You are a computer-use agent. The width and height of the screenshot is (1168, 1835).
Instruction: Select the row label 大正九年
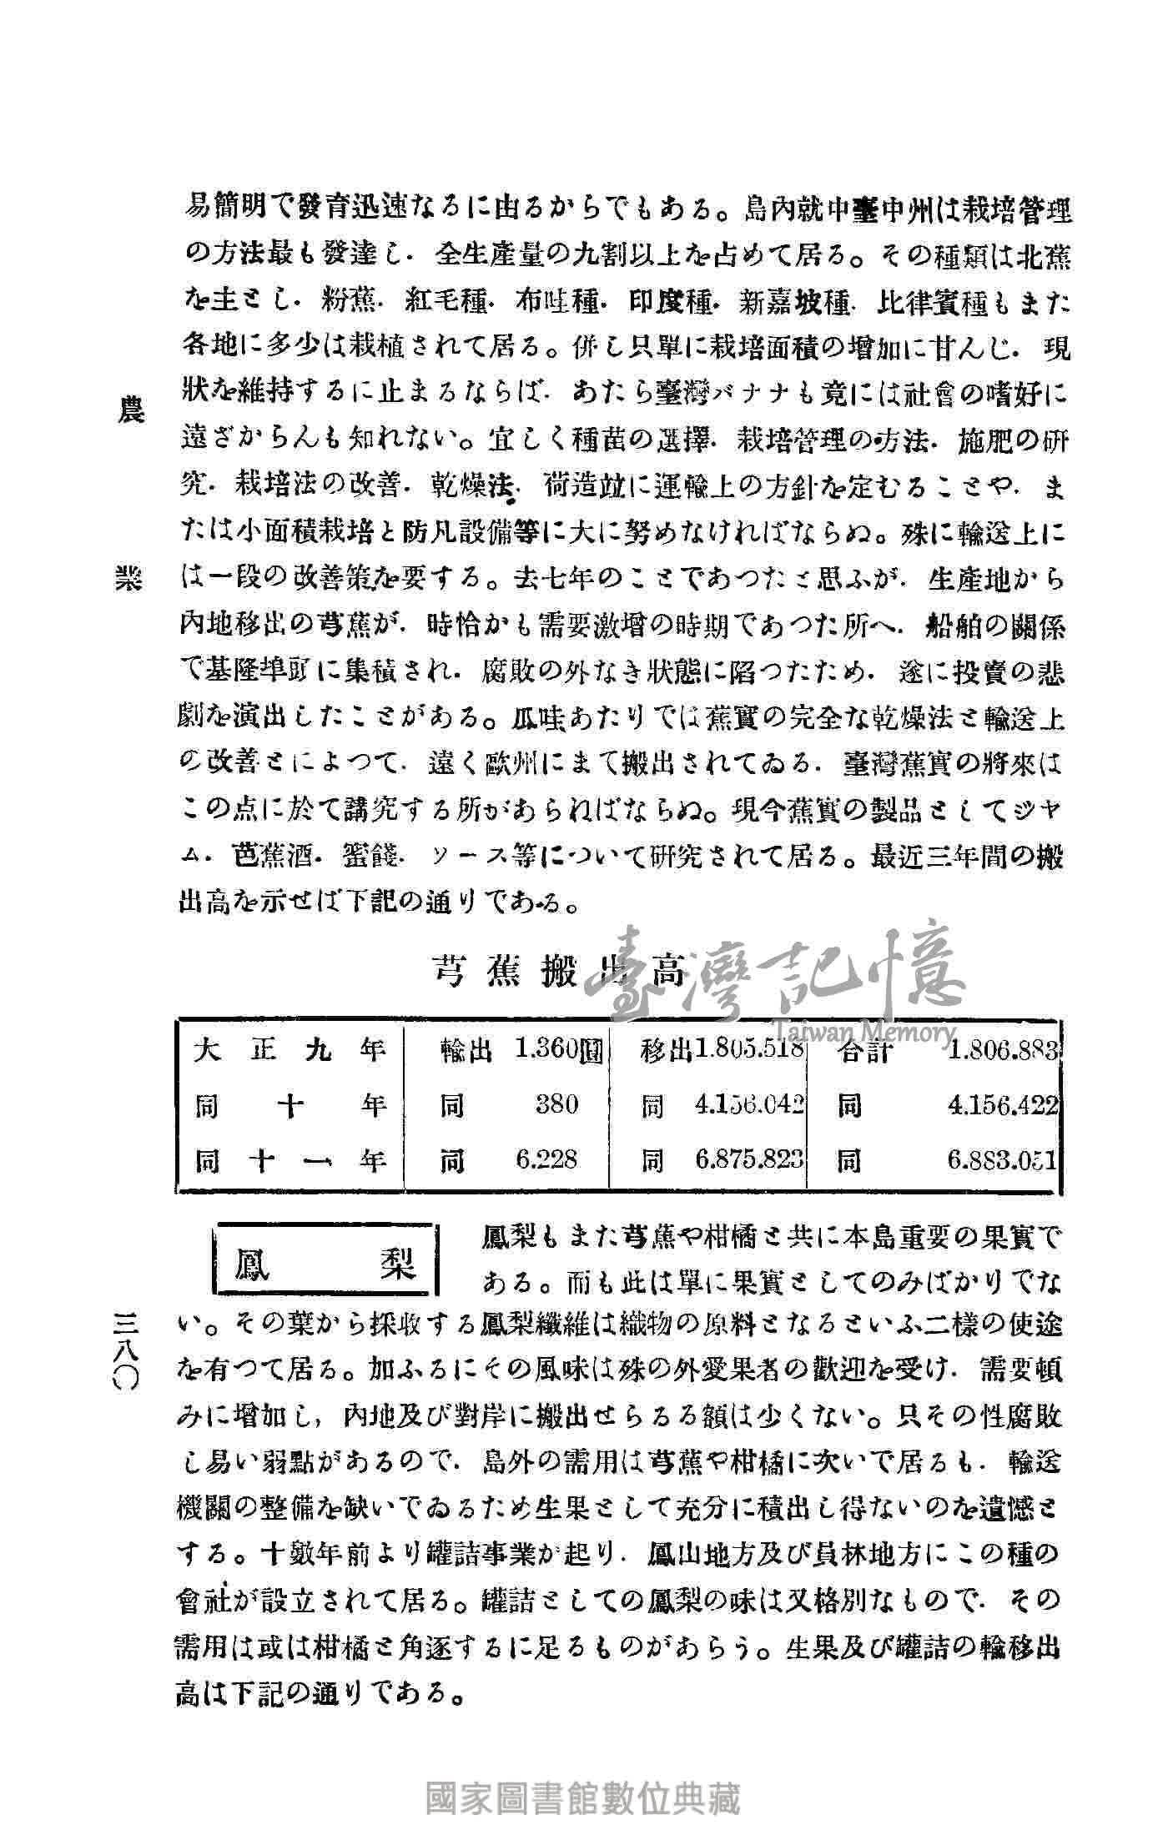click(x=291, y=1048)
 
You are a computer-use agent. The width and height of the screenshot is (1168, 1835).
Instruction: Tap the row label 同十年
click(x=291, y=1106)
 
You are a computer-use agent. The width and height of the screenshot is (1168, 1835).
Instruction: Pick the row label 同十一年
click(x=291, y=1160)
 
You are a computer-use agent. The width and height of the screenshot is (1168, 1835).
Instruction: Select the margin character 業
click(x=130, y=582)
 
